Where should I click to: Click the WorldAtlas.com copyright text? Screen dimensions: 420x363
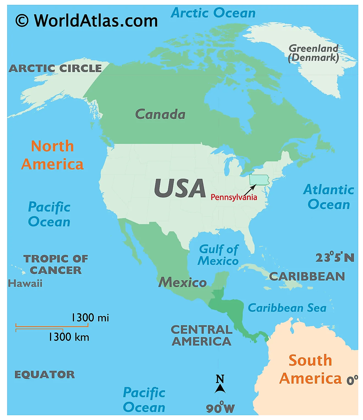click(86, 21)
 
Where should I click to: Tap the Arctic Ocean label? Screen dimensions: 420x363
click(213, 13)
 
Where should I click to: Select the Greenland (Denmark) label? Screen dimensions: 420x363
click(313, 53)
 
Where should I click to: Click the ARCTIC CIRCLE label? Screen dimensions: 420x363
click(55, 68)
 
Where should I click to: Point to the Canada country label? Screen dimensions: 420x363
click(160, 114)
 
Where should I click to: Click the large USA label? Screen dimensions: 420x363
click(180, 189)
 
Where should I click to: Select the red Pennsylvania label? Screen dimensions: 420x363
click(234, 197)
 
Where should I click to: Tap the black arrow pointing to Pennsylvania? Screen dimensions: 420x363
click(250, 190)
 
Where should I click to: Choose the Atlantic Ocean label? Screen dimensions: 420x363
click(329, 197)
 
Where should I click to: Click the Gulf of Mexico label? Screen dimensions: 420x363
click(218, 255)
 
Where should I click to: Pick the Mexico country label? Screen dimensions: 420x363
click(182, 282)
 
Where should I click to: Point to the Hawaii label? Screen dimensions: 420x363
click(25, 283)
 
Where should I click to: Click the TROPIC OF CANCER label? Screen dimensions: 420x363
click(56, 264)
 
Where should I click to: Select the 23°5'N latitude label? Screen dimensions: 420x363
click(335, 258)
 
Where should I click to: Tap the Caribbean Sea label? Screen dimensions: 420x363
click(287, 308)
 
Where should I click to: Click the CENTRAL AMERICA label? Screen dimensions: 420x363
click(202, 336)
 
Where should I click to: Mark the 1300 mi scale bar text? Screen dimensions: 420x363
click(90, 318)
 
